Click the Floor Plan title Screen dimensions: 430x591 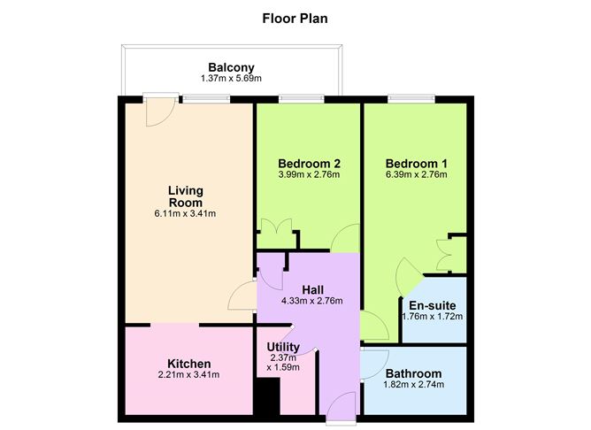(x=296, y=17)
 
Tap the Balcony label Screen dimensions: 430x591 (x=231, y=67)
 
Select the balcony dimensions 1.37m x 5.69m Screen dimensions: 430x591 (x=231, y=80)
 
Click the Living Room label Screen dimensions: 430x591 (x=186, y=196)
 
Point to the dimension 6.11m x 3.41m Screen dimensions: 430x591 (x=186, y=214)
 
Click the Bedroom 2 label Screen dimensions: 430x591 (x=309, y=164)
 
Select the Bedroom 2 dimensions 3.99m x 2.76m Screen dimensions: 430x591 (x=309, y=175)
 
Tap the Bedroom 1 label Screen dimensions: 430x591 (x=416, y=164)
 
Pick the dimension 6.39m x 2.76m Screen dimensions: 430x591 (x=416, y=175)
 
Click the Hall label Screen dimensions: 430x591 (x=313, y=289)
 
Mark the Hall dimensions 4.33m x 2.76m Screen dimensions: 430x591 (x=311, y=301)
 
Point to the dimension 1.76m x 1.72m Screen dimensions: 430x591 (x=433, y=317)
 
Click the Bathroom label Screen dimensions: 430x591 (x=414, y=374)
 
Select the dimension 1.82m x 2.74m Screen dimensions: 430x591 (x=414, y=386)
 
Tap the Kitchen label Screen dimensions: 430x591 (x=188, y=364)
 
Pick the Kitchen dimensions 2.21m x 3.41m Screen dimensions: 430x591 (x=188, y=375)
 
